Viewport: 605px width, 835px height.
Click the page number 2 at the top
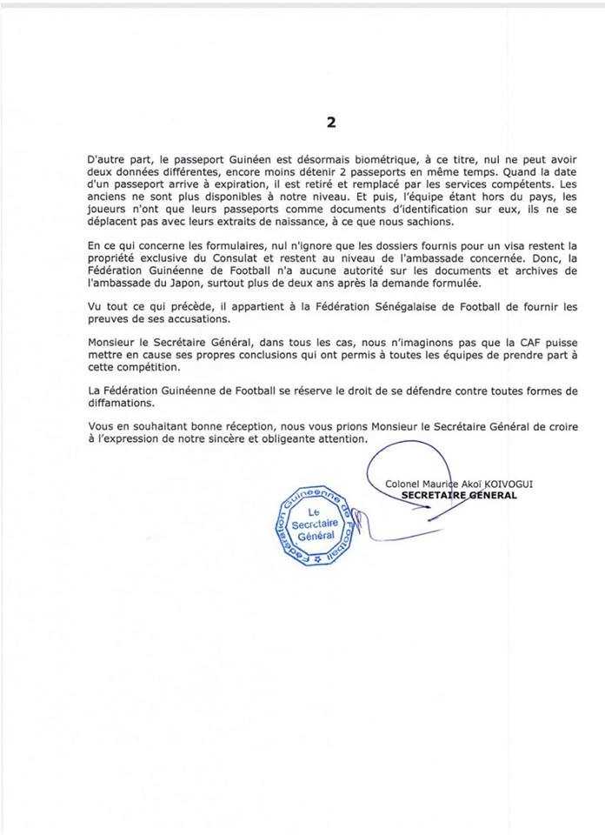[330, 123]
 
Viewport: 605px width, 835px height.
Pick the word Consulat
[249, 260]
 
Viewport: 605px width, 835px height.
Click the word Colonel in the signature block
[409, 484]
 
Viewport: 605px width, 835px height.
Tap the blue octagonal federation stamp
[316, 525]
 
